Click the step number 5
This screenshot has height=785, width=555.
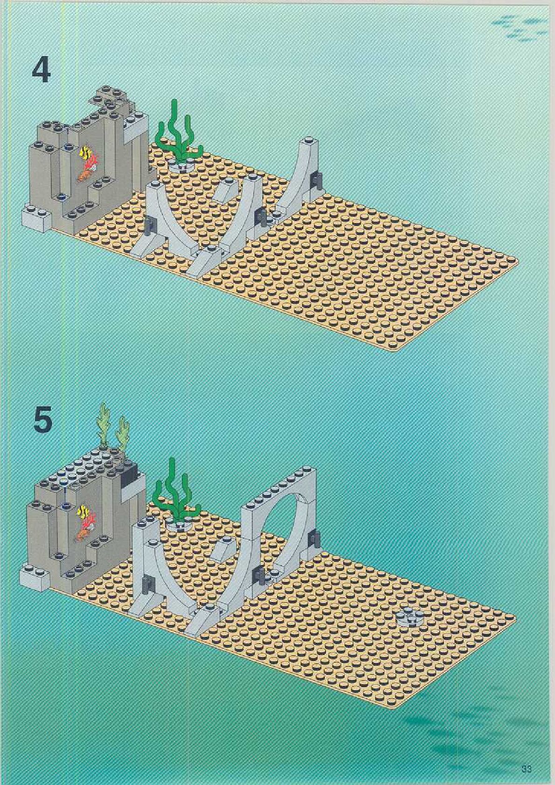pos(42,423)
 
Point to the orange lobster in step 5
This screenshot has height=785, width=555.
pos(83,533)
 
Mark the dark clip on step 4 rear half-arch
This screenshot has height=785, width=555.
pos(319,180)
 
